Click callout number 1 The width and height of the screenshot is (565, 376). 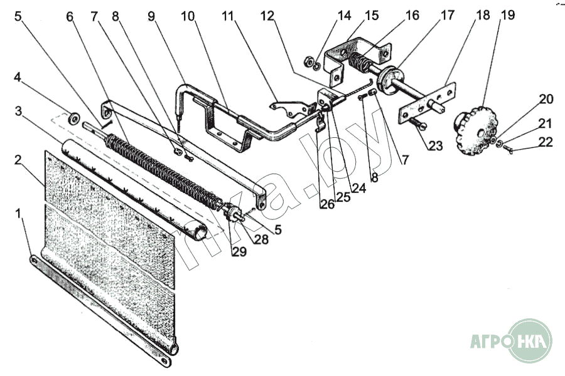coord(20,214)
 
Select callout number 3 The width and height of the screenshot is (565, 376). coord(19,111)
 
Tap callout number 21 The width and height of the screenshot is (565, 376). coord(546,124)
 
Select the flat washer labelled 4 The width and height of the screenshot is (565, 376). coord(74,117)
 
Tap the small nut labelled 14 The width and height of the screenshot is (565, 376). coord(309,63)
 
